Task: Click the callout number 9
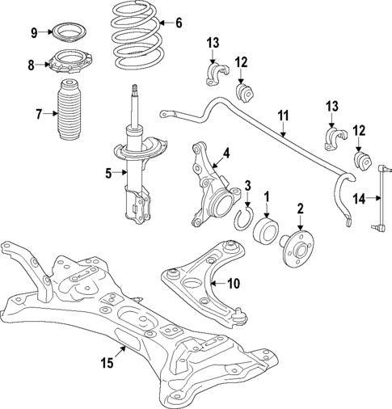tap(34, 32)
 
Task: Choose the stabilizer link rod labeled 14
tap(381, 198)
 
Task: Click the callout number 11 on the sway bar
tap(282, 116)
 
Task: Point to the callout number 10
tap(234, 283)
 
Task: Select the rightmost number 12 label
tap(358, 129)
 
